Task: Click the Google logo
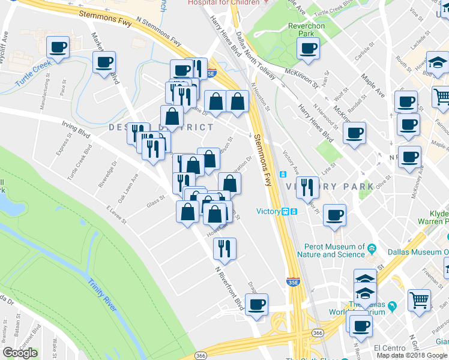click(x=20, y=353)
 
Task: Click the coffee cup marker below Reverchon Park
click(x=308, y=49)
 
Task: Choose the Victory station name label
click(x=268, y=211)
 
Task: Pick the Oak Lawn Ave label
click(x=128, y=188)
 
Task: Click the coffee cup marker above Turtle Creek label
click(x=58, y=47)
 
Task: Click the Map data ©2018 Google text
click(x=412, y=355)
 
